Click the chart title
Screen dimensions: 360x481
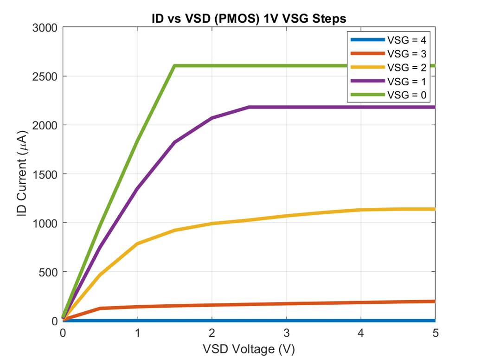click(x=249, y=19)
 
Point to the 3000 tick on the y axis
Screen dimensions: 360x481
click(x=45, y=28)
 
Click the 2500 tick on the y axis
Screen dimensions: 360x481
click(x=45, y=77)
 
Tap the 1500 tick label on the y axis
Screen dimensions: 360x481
click(x=45, y=174)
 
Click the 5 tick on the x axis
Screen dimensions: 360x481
click(x=435, y=333)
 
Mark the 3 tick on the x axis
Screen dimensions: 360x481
click(x=286, y=333)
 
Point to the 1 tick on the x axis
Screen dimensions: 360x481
click(x=137, y=333)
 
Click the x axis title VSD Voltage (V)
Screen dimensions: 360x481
click(x=249, y=348)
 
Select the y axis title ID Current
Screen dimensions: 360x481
click(x=22, y=174)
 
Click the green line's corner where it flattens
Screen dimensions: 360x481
click(x=174, y=66)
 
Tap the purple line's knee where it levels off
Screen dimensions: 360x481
click(x=249, y=107)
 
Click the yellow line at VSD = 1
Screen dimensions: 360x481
click(x=137, y=244)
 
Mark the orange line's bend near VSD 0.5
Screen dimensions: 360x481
click(x=100, y=309)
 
